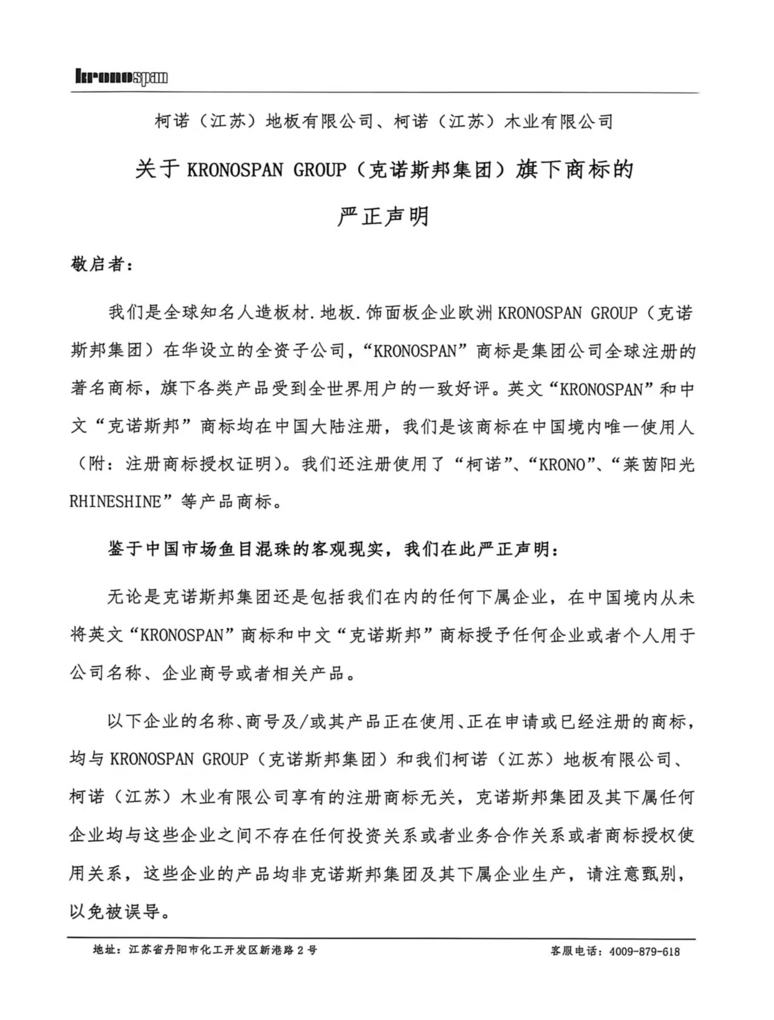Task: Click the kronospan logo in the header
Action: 121,77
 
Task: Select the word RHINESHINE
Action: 116,502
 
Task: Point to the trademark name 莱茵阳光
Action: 658,465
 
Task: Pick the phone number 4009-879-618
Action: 644,951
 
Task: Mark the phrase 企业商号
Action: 197,673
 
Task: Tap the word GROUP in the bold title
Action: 320,170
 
